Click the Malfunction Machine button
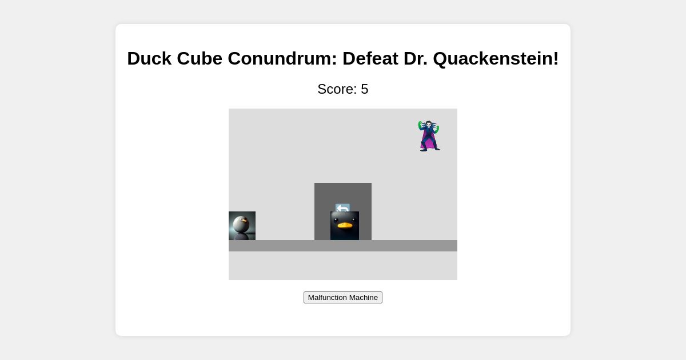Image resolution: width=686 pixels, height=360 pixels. click(x=343, y=297)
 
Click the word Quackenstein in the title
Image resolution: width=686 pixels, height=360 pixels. click(x=496, y=58)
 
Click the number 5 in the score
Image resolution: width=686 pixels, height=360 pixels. click(x=365, y=89)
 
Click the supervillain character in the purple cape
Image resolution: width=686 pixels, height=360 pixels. click(x=429, y=135)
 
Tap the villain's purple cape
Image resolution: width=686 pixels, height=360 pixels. click(x=427, y=143)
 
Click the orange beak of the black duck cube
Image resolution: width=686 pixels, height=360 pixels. click(x=345, y=225)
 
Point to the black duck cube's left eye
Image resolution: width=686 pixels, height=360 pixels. click(x=336, y=219)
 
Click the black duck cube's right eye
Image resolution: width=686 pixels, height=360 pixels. click(x=353, y=219)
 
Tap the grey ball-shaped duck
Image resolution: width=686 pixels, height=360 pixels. click(x=241, y=224)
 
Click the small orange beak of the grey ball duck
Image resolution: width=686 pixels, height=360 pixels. click(x=245, y=220)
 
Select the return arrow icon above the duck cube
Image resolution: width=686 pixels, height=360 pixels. click(x=342, y=207)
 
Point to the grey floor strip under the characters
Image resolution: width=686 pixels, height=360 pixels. click(x=400, y=246)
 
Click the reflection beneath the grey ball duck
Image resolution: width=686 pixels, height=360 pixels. click(x=241, y=237)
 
